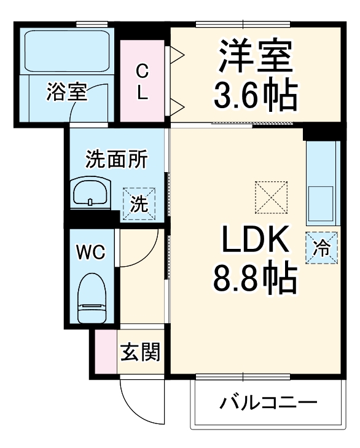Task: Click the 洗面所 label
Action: [x=116, y=160]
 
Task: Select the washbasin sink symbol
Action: [x=90, y=194]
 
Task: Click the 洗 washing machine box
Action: [x=139, y=203]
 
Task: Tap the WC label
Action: [x=90, y=251]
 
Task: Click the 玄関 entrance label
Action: [x=140, y=353]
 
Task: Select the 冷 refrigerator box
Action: [x=322, y=248]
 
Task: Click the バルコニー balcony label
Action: [x=268, y=403]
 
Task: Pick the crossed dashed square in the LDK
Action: [x=272, y=196]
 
